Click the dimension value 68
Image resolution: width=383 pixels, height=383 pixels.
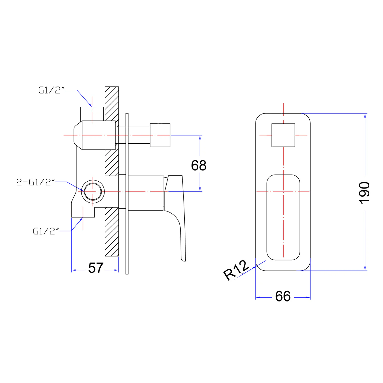click(199, 166)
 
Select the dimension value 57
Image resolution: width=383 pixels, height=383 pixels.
click(96, 268)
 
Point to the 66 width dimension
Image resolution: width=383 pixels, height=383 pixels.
click(283, 296)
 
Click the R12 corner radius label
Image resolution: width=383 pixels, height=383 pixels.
click(236, 270)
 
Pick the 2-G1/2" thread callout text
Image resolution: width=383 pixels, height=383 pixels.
click(36, 182)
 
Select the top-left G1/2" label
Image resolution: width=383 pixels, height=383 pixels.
click(51, 90)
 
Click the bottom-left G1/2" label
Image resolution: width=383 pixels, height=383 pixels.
click(46, 231)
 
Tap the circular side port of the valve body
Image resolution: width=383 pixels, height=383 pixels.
click(93, 191)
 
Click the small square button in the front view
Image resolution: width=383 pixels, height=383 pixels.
click(283, 135)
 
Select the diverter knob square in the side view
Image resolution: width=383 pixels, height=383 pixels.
click(160, 135)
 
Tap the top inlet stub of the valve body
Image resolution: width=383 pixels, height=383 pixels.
click(92, 113)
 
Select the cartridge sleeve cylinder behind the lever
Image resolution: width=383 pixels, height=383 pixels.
click(146, 193)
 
